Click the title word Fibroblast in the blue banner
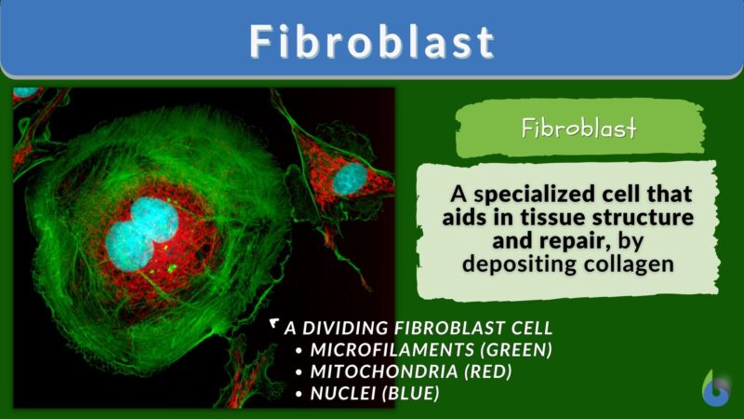[x=371, y=41]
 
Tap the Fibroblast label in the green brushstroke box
[x=578, y=128]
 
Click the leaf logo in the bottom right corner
[x=715, y=389]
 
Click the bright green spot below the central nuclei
[x=172, y=269]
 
